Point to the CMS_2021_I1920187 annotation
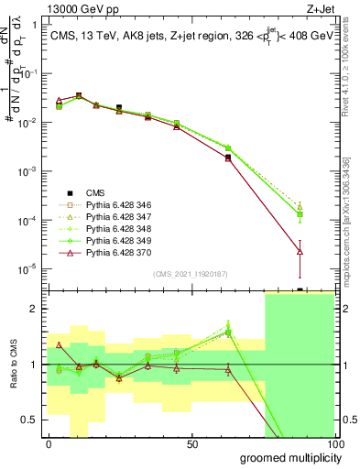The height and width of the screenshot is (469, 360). pyautogui.click(x=190, y=273)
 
